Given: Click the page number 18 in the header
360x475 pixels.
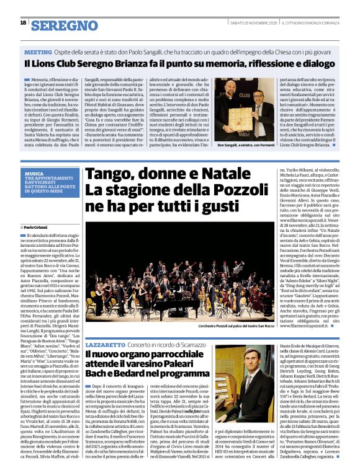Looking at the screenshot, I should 23,23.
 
